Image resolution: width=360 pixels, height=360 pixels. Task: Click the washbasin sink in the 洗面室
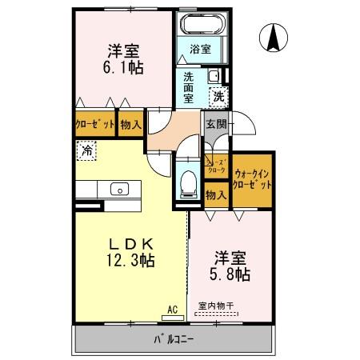pos(214,77)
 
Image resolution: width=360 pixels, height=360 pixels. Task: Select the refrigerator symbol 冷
pos(86,150)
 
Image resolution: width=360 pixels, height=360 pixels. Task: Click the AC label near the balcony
pos(172,308)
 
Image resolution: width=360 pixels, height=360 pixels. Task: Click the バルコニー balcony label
pos(174,339)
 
